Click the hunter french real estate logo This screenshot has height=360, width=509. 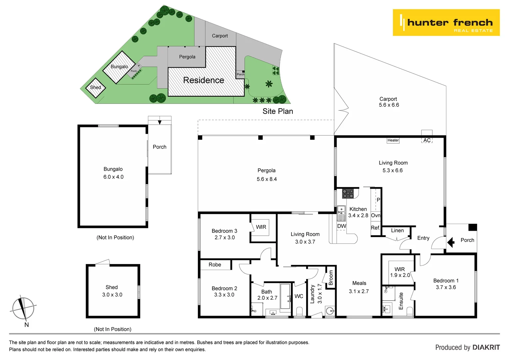(x=446, y=23)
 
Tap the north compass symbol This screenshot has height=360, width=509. (x=23, y=308)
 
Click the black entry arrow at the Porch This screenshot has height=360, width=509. (x=451, y=242)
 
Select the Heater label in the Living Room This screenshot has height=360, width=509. (x=393, y=140)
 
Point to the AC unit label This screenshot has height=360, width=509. (x=427, y=140)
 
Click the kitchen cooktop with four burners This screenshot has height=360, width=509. (x=348, y=193)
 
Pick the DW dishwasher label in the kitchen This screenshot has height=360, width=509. (x=341, y=226)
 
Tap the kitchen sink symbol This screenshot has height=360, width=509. (x=341, y=211)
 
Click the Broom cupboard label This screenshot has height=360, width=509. (x=330, y=278)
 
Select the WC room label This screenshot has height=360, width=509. (x=299, y=296)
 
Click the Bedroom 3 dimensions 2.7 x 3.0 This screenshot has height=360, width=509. (x=225, y=238)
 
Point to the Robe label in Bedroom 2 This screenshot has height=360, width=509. (x=215, y=265)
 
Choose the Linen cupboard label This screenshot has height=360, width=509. (x=397, y=231)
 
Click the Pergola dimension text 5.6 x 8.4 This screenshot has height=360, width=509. (x=266, y=179)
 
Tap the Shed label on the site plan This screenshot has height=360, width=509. (x=96, y=87)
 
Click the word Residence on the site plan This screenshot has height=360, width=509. (x=204, y=80)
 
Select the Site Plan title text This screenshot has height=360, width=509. (x=277, y=111)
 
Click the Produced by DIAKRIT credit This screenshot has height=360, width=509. (x=467, y=347)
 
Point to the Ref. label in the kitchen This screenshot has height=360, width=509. (x=375, y=228)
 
